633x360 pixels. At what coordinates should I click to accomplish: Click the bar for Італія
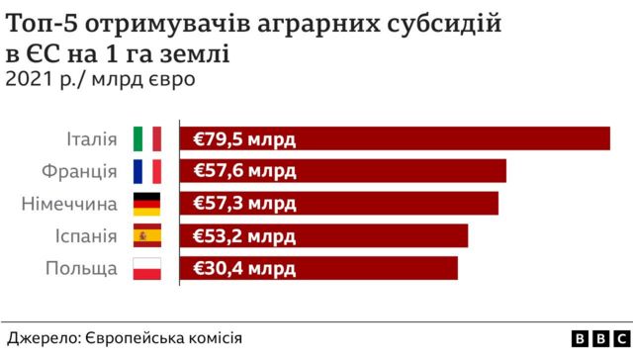(396, 139)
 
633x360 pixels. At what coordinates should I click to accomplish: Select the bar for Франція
(343, 171)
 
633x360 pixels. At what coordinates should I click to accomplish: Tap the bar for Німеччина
(339, 204)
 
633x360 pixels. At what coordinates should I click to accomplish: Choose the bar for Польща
(319, 268)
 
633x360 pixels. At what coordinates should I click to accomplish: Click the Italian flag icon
(147, 139)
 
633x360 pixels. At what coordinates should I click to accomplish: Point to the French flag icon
(147, 171)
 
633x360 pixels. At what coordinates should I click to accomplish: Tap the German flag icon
(147, 204)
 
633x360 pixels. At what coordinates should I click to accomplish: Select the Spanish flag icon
(147, 236)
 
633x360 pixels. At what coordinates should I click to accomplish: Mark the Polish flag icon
(147, 268)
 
